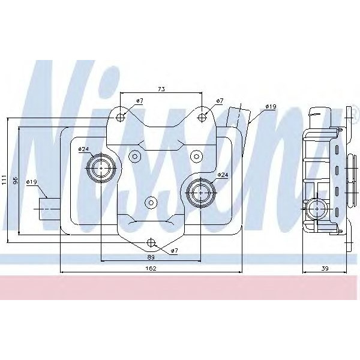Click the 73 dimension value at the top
(x=161, y=89)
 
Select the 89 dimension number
(x=151, y=257)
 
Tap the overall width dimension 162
(x=151, y=268)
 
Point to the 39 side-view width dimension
(x=325, y=268)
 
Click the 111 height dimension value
(x=4, y=179)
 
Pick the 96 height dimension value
(x=17, y=179)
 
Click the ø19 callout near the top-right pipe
(x=271, y=107)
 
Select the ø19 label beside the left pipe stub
(x=32, y=182)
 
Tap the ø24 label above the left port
(x=84, y=149)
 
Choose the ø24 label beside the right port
(x=223, y=175)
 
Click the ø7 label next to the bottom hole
(x=174, y=250)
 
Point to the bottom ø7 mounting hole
(x=151, y=243)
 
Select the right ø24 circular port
(x=199, y=192)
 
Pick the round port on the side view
(x=314, y=209)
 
